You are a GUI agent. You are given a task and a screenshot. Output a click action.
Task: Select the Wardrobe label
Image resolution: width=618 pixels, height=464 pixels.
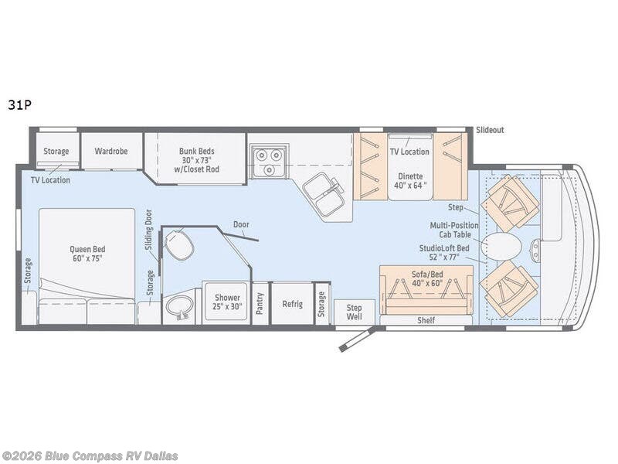111,151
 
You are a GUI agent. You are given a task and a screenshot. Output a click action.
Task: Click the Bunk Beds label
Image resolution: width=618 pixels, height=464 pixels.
196,155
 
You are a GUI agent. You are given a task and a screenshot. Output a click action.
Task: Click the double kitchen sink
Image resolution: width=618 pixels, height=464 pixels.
323,194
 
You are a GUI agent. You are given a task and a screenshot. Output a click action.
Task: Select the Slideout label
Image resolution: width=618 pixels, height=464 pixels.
490,130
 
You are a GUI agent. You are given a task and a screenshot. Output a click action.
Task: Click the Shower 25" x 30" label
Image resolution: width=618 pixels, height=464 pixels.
227,302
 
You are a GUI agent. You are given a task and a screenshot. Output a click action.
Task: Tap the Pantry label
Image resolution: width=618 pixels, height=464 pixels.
260,304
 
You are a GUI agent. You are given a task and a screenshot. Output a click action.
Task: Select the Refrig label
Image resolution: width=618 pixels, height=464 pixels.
292,304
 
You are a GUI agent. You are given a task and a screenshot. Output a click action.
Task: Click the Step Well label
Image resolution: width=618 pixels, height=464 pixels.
354,312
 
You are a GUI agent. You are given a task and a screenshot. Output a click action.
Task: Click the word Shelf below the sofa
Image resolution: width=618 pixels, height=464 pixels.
426,320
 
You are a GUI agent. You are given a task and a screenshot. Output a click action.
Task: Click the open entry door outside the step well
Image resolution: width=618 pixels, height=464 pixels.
355,338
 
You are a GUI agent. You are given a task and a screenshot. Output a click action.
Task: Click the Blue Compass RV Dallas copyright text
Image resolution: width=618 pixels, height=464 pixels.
90,456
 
